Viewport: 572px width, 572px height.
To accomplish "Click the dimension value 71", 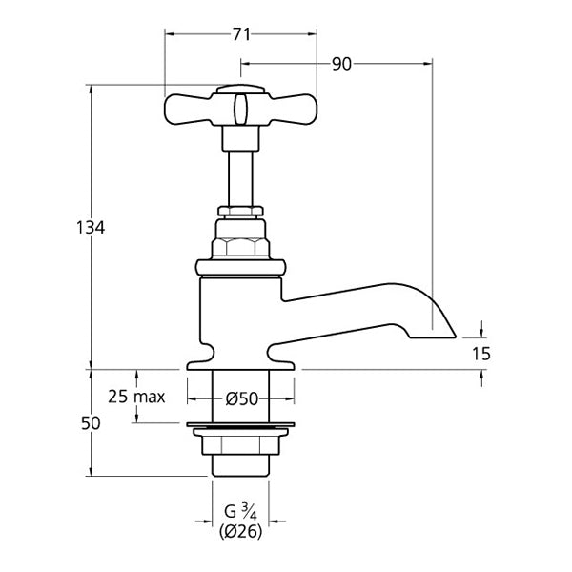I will point(241,34).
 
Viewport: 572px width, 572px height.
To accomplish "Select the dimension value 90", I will point(341,64).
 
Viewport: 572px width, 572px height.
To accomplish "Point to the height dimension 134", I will point(91,228).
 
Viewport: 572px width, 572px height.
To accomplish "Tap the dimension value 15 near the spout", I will point(481,353).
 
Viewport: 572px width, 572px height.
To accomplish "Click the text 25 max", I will point(137,396).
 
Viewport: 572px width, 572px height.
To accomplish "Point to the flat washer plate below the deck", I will point(240,424).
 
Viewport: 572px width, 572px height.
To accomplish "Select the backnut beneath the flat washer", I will point(240,442).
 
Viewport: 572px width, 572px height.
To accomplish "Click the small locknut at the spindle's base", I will point(240,210).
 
